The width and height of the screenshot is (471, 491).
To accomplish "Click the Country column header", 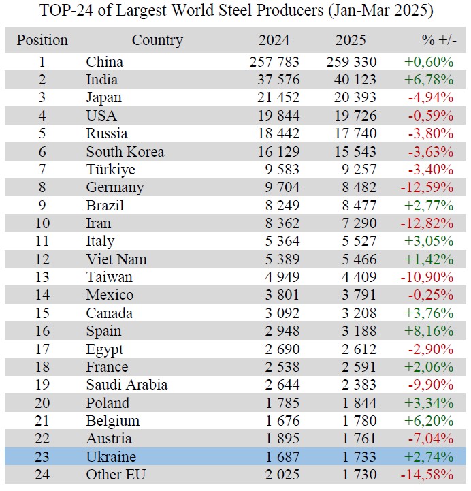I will coord(157,40).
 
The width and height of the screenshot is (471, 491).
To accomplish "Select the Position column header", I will coord(42,40).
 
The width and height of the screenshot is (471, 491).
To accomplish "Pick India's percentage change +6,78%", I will coord(429,80).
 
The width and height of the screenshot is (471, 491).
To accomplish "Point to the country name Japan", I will coord(103,97).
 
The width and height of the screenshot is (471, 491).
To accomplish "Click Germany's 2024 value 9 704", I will coord(275,187).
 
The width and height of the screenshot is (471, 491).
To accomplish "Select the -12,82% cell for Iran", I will coord(429,223).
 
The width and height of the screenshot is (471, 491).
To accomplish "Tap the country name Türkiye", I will coord(110,170).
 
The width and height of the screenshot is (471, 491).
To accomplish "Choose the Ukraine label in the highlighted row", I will coord(111,457).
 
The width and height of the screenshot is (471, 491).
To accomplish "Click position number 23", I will coord(42,457).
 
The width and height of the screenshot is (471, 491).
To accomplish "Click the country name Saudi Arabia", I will coord(127,385).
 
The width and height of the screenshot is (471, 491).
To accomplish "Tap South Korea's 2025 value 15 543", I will coord(351,152).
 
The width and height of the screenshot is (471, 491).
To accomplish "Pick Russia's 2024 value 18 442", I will coord(275,133).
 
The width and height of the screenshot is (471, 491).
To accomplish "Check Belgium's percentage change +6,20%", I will coord(429,421).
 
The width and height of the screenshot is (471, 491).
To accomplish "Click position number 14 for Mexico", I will coord(42,295).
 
